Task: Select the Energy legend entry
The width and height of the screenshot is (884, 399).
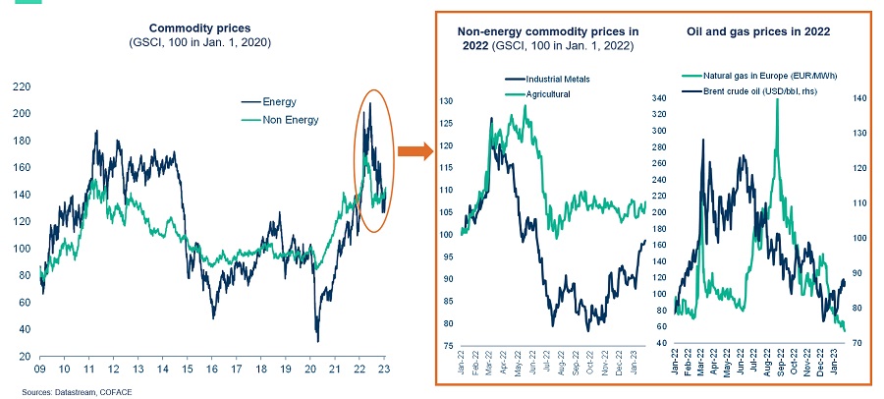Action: coord(276,101)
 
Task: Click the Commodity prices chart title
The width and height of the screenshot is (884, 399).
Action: coord(199,28)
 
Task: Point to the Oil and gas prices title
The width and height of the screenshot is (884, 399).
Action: coord(759,31)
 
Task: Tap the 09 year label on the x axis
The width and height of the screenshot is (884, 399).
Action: coord(38,370)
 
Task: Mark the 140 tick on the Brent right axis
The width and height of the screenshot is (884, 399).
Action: coord(859,98)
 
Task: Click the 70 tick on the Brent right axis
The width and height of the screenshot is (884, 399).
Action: coord(858,342)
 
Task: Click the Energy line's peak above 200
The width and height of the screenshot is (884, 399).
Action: coord(369,102)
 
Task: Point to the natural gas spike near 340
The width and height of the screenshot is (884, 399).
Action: coord(778,99)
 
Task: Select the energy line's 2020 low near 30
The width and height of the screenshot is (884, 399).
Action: coord(317,340)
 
